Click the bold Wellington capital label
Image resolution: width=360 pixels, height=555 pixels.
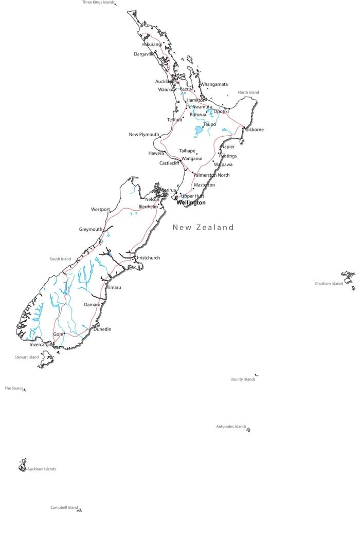point(191,203)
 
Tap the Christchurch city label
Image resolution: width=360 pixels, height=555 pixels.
point(147,258)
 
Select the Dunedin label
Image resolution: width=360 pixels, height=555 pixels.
point(102,329)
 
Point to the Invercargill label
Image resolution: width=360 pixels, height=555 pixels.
point(42,345)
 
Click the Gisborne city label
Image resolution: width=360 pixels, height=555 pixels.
point(255,129)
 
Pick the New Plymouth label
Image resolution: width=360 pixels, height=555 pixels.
point(144,135)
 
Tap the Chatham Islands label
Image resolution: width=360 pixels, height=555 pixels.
point(329,284)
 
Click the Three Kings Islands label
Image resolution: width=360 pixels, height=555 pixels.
point(98,3)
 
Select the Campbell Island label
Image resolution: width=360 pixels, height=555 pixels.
point(64,508)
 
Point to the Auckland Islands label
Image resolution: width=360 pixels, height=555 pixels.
point(42,469)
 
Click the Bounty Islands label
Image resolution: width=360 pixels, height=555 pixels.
point(243,380)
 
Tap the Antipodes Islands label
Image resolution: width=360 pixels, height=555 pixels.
point(231,427)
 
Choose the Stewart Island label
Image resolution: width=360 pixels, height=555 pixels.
point(27,357)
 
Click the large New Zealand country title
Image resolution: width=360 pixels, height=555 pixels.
point(203,227)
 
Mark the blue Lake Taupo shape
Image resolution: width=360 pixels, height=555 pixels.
point(199,132)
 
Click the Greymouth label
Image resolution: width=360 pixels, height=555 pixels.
point(91,230)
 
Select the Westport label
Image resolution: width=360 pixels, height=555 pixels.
point(100,210)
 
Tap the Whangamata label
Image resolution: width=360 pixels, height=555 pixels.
point(214,84)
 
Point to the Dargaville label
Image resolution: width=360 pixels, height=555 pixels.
point(144,54)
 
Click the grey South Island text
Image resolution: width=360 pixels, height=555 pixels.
point(60,259)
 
